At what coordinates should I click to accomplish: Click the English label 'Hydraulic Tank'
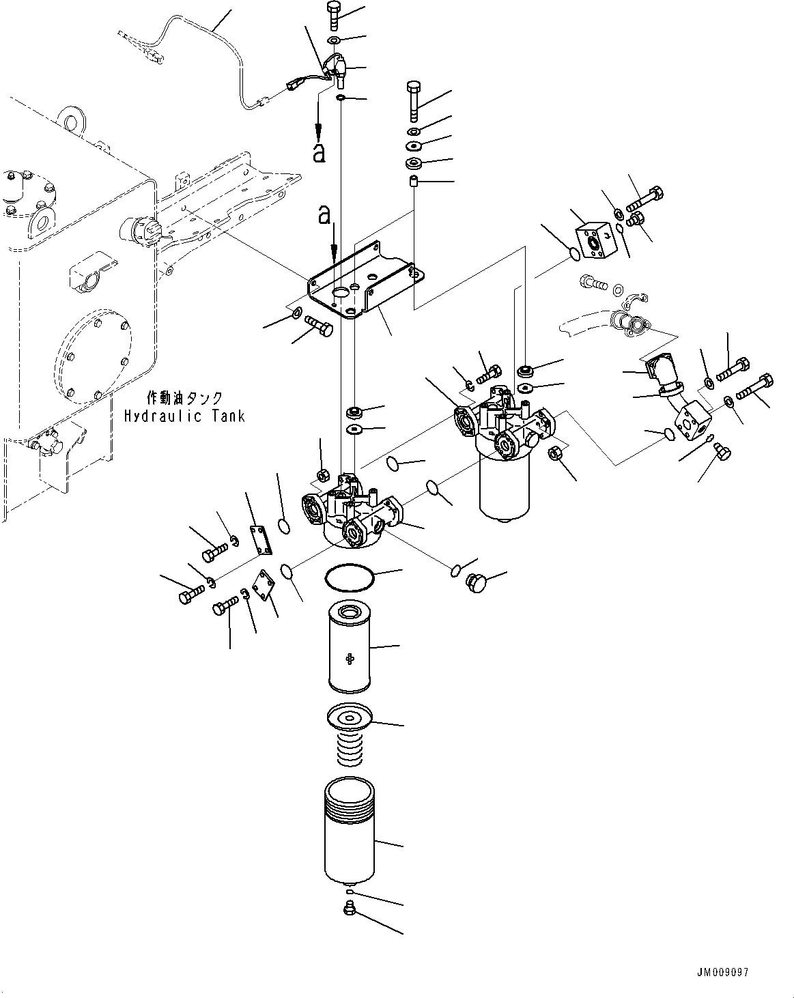(x=184, y=416)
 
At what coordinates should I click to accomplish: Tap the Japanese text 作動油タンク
(x=184, y=397)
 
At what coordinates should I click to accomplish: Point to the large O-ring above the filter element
(x=350, y=578)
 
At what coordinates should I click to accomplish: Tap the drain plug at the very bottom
(x=350, y=911)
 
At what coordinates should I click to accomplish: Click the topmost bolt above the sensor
(x=334, y=15)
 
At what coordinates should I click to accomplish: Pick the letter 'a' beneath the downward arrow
(x=319, y=153)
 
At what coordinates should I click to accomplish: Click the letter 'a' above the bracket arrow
(x=325, y=215)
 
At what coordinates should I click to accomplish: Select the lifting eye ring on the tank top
(x=72, y=122)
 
